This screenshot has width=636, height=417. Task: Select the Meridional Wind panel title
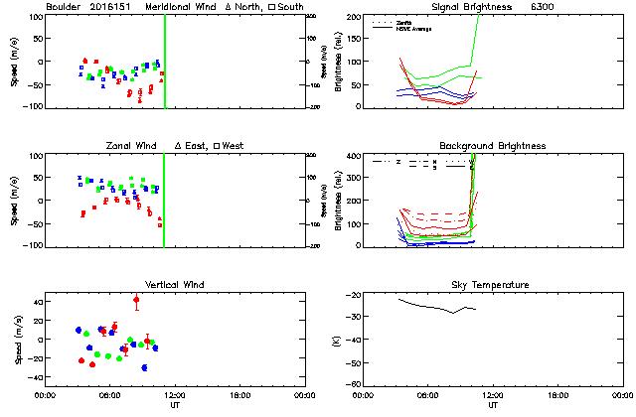click(185, 7)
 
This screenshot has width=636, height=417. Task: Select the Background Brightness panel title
click(492, 146)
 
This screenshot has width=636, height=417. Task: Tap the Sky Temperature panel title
click(492, 285)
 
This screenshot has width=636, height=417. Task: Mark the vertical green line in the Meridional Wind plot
click(164, 60)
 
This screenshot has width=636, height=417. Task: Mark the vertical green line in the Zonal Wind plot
click(164, 199)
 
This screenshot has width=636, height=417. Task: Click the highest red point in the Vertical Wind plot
click(136, 299)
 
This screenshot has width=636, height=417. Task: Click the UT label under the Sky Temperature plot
click(492, 404)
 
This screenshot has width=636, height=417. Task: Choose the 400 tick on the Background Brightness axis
click(353, 156)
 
